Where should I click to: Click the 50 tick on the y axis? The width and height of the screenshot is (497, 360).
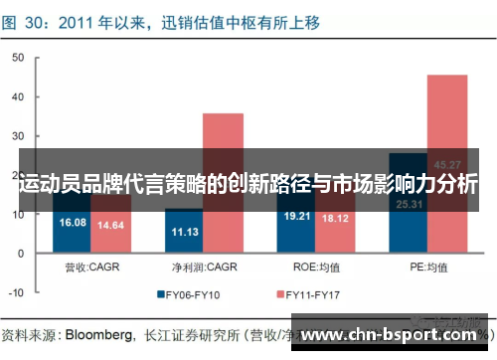point(17,57)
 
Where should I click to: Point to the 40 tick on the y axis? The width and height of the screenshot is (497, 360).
point(17,95)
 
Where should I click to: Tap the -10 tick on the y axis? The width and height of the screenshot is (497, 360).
point(15,292)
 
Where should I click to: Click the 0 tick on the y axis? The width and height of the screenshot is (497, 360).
point(20,254)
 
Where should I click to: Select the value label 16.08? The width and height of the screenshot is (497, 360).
point(74,223)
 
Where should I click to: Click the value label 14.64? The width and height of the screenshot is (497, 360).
point(110,226)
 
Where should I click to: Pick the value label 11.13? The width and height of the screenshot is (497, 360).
point(184,232)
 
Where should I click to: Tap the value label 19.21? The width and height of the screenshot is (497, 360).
point(297,216)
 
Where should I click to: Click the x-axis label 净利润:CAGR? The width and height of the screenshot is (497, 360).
point(204,267)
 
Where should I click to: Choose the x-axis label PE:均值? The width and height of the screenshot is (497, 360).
point(428,267)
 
